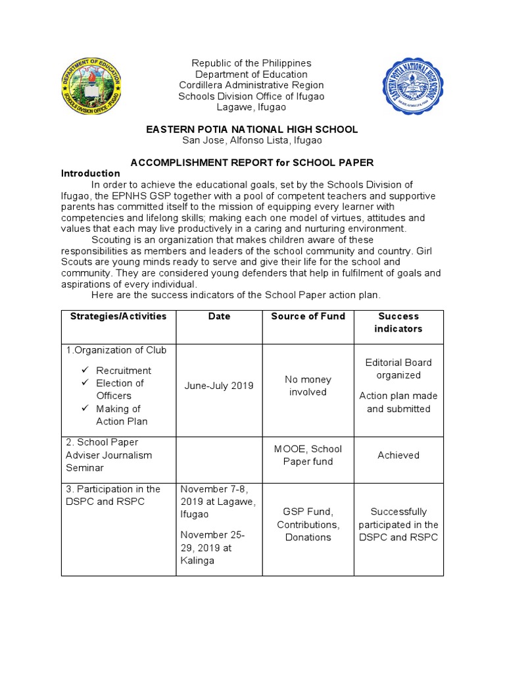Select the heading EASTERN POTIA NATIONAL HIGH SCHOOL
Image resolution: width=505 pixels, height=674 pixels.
point(252,129)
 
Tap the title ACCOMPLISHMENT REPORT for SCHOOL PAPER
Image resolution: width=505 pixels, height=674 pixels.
point(252,162)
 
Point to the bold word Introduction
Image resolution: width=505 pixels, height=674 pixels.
point(91,174)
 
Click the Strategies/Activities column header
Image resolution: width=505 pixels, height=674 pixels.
point(118,317)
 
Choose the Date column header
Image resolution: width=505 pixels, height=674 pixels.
point(219,317)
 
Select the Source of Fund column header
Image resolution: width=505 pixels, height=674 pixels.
point(308,317)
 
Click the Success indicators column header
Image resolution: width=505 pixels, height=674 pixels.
point(398,323)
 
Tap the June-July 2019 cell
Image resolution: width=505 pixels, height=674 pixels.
point(219,386)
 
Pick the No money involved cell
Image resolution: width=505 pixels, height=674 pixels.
point(308,386)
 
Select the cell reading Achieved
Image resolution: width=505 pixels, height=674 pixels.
point(398,455)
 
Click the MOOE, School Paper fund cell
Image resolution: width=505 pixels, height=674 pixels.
point(308,455)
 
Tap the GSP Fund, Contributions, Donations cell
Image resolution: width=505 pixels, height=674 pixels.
point(308,524)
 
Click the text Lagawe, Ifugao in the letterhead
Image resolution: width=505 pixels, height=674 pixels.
point(252,108)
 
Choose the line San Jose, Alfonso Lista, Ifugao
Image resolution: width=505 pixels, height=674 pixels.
point(252,141)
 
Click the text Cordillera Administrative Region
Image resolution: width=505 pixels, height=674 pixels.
point(252,86)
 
